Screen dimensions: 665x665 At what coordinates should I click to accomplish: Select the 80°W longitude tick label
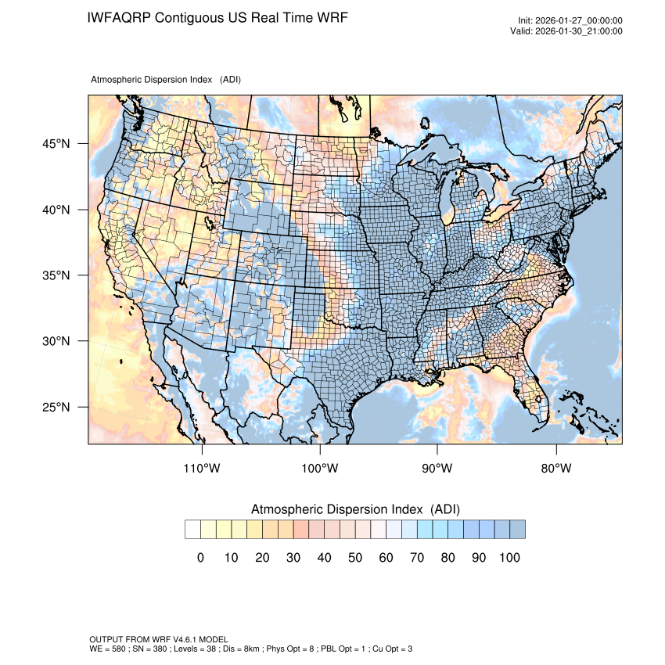555,469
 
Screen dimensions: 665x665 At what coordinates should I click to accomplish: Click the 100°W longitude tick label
320,469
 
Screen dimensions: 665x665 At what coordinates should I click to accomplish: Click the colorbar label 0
200,558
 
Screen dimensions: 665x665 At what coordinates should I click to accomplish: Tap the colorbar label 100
509,558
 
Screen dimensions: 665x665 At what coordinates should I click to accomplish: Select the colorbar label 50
355,558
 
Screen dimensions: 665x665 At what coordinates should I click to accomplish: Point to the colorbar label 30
293,558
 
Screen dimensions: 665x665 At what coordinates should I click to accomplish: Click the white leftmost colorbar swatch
192,530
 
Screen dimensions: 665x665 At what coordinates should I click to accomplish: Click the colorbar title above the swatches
355,509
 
